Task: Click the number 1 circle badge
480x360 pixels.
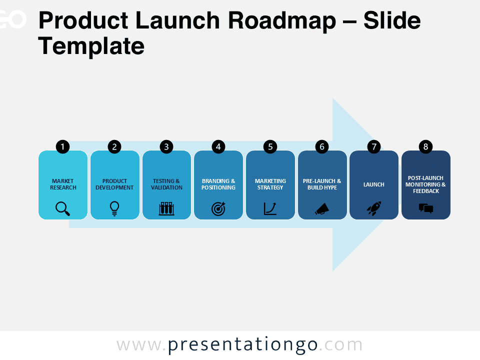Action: point(63,146)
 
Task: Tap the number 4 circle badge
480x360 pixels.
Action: point(218,146)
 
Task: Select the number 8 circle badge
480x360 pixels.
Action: point(425,146)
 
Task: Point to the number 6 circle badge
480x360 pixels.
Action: point(322,146)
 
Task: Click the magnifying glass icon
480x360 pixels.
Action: point(63,209)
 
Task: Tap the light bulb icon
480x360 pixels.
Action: point(114,209)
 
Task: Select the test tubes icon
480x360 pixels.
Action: point(166,209)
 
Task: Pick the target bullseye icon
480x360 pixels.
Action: point(218,209)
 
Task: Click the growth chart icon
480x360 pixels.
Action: point(270,209)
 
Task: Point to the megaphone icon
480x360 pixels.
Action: point(322,209)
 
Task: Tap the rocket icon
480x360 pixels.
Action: point(374,209)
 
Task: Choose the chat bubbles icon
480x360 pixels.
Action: point(426,208)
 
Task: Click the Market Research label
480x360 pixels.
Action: point(63,184)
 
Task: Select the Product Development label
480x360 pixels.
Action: point(114,184)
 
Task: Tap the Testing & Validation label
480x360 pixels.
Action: point(166,184)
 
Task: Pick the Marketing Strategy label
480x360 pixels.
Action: point(270,184)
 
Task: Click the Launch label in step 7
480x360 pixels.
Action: point(374,184)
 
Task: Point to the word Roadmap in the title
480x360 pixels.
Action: point(282,21)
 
